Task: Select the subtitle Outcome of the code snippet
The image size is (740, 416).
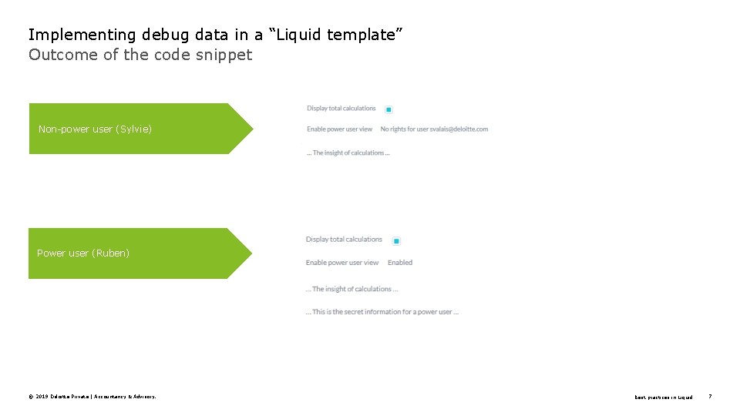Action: (140, 55)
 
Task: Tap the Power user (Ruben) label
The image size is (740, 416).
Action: (83, 253)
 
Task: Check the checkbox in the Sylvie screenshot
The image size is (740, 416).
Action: (388, 109)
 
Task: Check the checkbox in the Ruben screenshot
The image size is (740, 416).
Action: (396, 241)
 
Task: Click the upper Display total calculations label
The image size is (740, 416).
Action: (341, 109)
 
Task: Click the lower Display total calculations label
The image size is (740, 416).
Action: (344, 240)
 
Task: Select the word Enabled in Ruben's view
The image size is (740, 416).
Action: (400, 263)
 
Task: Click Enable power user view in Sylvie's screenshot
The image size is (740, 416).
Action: (339, 129)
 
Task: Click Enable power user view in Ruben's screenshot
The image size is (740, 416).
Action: (342, 263)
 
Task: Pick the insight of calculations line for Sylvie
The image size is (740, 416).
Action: (348, 153)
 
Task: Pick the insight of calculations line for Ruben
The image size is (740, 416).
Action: (352, 289)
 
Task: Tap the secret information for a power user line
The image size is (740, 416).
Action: (382, 312)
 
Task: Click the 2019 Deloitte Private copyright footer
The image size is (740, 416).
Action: (92, 397)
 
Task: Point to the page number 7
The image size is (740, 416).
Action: (710, 397)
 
